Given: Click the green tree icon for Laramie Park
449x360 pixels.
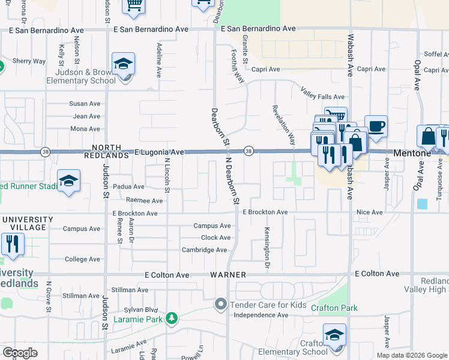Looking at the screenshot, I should click(x=172, y=318).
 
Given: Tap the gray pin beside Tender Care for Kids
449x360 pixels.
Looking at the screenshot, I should click(x=221, y=304).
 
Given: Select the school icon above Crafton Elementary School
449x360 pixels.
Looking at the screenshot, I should click(x=334, y=336).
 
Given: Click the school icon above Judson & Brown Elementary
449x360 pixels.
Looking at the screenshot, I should click(x=123, y=65).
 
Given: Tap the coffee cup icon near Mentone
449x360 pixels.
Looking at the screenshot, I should click(x=376, y=127).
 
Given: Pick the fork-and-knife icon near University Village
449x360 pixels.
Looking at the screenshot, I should click(x=11, y=244).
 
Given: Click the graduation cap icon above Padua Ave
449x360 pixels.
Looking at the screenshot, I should click(x=68, y=181).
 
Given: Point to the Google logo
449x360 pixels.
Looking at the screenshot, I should click(x=20, y=353).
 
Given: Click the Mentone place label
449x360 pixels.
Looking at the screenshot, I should click(x=412, y=153).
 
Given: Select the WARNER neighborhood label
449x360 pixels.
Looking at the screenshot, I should click(x=228, y=274).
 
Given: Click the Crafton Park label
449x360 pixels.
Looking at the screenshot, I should click(x=334, y=308).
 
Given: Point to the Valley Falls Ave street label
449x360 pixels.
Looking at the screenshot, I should click(x=322, y=96).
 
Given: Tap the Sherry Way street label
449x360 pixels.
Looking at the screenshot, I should click(x=29, y=61).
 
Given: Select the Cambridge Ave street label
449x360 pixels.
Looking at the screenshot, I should click(x=205, y=250).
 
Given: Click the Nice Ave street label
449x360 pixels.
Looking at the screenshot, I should click(x=369, y=212).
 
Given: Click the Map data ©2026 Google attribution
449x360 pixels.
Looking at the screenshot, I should click(x=412, y=355).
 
